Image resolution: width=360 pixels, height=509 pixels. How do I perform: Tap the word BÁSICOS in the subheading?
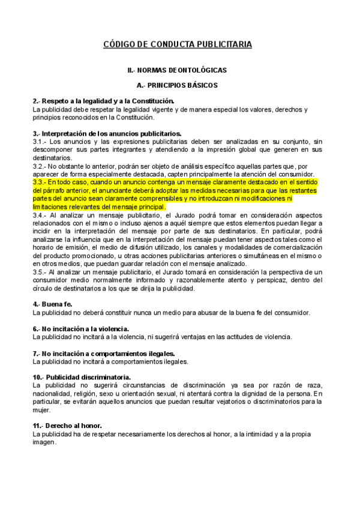pos(201,86)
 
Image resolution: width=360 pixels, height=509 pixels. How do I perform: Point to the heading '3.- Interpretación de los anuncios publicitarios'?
pos(107,133)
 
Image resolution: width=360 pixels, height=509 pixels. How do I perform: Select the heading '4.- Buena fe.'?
pos(53,304)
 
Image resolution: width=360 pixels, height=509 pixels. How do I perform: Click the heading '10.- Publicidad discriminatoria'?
pos(82,376)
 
